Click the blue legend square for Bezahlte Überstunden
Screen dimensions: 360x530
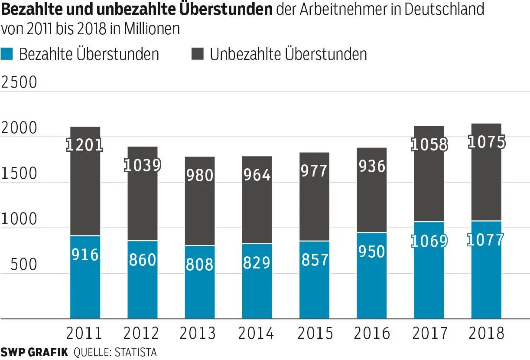coord(8,54)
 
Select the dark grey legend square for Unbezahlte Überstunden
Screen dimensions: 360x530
coord(197,54)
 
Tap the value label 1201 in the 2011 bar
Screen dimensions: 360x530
coord(85,145)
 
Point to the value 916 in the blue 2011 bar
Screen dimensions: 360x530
coord(85,255)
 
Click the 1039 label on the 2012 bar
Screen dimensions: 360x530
coord(143,165)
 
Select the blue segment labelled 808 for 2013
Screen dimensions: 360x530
coord(200,282)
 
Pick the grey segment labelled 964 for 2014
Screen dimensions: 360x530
coord(257,200)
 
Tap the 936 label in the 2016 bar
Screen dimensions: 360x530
coord(371,166)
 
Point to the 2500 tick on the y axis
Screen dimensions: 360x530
coord(20,82)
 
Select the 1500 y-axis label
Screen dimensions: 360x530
coord(20,173)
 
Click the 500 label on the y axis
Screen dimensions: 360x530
coord(24,265)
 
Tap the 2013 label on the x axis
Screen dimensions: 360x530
coord(198,334)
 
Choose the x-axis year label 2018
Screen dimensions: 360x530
coord(486,334)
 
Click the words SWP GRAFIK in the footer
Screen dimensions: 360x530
coord(34,352)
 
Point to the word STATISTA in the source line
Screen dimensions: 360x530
coord(135,352)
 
